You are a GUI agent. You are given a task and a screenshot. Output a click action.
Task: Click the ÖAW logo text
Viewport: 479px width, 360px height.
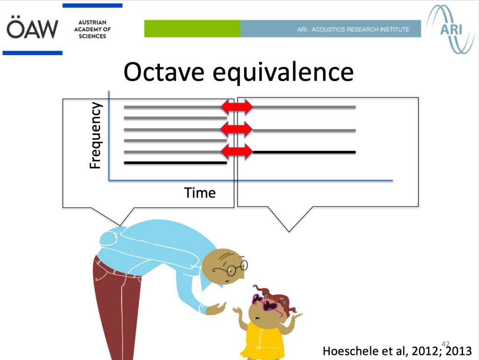[x=32, y=28]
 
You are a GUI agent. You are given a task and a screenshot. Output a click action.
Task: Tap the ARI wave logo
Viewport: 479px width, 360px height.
[x=450, y=29]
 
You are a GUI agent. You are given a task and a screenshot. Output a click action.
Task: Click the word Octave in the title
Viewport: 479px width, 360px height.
[x=164, y=72]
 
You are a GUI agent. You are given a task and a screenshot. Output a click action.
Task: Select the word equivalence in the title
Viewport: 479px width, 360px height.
[x=283, y=73]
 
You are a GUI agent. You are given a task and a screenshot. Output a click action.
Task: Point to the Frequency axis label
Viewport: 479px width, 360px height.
[x=95, y=135]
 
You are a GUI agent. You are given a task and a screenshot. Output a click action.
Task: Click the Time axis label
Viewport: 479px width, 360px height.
[x=200, y=193]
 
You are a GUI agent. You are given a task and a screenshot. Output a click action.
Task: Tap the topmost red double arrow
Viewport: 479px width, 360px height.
[x=237, y=107]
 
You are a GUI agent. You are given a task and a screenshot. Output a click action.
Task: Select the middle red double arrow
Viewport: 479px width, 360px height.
[x=237, y=129]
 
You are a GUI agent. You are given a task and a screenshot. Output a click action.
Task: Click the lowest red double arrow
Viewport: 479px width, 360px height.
[x=237, y=151]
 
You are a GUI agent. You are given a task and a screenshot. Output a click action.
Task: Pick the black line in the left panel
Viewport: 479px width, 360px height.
[x=175, y=163]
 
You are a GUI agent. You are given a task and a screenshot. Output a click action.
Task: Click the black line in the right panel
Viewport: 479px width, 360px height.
[x=304, y=152]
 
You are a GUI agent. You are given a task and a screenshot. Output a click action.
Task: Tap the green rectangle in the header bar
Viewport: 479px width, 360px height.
[x=192, y=29]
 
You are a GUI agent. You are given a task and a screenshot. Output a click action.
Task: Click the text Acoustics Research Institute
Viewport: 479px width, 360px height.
[x=353, y=29]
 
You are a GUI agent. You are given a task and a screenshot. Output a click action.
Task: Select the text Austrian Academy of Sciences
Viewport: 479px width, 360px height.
[x=92, y=29]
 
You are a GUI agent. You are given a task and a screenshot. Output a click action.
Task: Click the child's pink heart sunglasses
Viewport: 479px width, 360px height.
[x=266, y=303]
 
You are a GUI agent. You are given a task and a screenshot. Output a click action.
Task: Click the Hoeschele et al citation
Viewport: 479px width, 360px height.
[x=397, y=351]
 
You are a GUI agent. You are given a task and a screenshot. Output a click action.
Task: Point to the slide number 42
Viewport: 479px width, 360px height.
[x=445, y=344]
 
